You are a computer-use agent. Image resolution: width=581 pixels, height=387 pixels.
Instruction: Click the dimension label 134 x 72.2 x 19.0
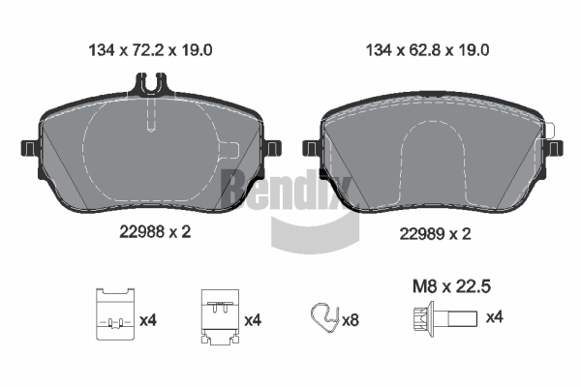tap(150, 50)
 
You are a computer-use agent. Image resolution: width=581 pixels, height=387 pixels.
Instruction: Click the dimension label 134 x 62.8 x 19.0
tap(427, 50)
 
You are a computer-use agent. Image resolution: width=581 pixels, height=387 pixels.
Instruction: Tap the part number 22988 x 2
tap(155, 232)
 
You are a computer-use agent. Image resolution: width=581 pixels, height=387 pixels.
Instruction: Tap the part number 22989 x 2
tap(435, 234)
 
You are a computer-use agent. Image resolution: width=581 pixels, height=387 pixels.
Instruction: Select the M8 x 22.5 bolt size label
tap(451, 286)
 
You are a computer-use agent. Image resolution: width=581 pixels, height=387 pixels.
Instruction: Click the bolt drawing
tap(445, 318)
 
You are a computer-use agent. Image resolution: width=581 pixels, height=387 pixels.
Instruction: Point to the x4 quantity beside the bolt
tap(494, 317)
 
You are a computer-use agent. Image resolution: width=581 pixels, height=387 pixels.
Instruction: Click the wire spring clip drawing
tap(325, 317)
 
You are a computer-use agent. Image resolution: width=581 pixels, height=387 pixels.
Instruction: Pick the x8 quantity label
tap(351, 319)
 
